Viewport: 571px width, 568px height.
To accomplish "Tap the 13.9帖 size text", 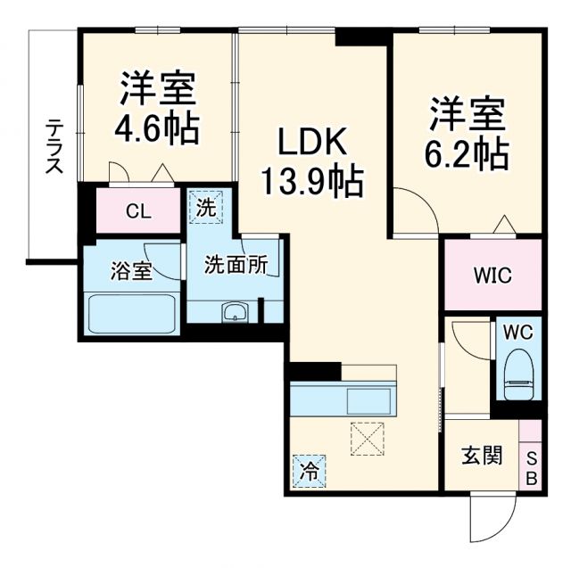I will (311, 183).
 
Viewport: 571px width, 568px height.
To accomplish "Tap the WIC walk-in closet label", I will (492, 274).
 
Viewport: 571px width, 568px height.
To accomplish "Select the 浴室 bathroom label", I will (131, 271).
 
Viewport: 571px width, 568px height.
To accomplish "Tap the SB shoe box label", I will (531, 467).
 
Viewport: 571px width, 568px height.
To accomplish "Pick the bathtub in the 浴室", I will (133, 313).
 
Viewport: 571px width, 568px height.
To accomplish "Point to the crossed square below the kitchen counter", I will (367, 438).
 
